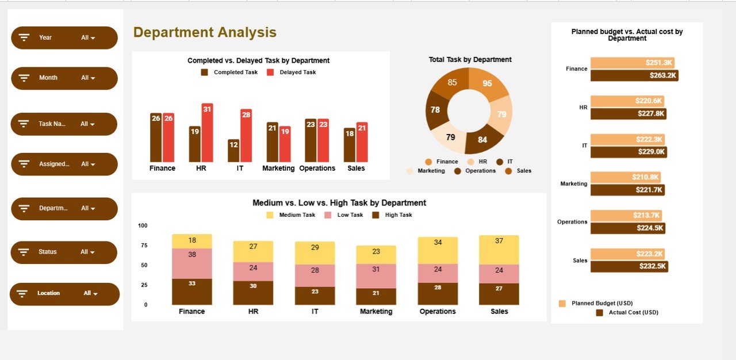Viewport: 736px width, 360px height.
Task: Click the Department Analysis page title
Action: tap(205, 33)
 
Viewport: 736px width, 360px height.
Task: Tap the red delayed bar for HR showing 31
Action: tap(207, 133)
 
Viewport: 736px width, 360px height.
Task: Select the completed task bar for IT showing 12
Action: tap(233, 151)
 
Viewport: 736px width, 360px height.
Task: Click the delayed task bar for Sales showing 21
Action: tap(362, 142)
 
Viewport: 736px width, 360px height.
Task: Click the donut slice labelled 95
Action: tap(488, 83)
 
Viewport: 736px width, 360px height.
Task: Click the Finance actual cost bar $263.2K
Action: tap(634, 75)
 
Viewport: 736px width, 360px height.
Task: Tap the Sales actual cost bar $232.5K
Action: tap(628, 266)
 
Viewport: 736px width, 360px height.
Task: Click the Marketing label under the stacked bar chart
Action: tap(376, 312)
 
